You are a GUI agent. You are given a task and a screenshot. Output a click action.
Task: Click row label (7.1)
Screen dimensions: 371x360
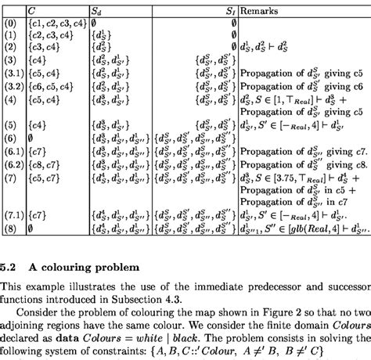11,215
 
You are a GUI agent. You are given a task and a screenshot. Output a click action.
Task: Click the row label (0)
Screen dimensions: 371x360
9,25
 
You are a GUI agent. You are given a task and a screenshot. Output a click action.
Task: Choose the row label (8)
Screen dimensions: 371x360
9,229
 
